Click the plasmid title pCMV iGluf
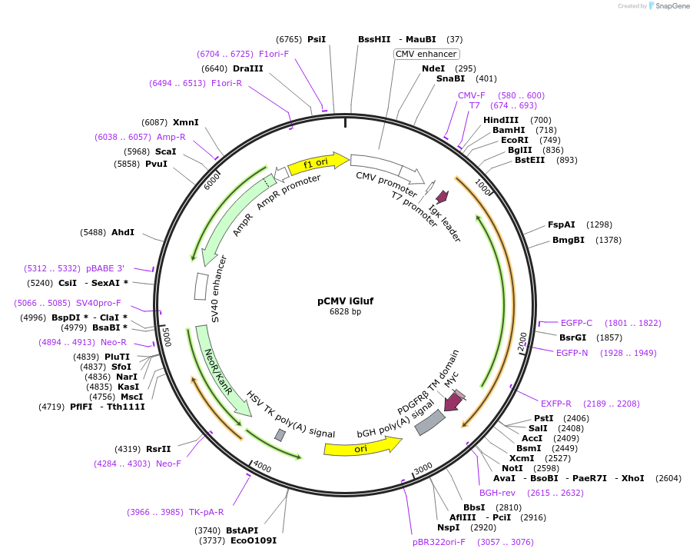(x=346, y=301)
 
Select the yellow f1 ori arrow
(x=317, y=163)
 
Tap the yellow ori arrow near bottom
(x=362, y=447)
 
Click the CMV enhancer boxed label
(x=426, y=54)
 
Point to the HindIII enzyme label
(x=501, y=120)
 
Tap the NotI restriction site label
(x=512, y=468)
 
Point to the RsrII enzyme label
(x=158, y=449)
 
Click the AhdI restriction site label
(x=123, y=232)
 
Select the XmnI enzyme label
(x=185, y=122)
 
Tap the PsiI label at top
(x=317, y=39)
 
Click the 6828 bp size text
(x=346, y=312)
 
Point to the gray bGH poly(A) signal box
(x=429, y=422)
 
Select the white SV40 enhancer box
(x=201, y=286)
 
